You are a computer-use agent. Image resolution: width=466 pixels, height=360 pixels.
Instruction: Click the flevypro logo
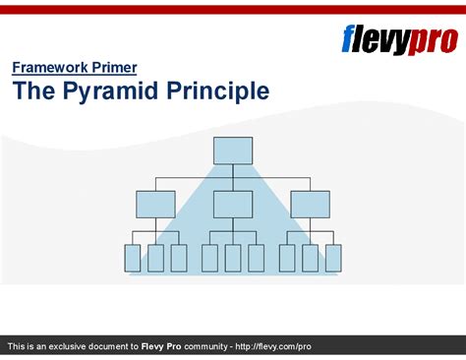[x=399, y=39]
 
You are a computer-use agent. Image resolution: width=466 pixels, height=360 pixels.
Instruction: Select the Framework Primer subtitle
[x=75, y=68]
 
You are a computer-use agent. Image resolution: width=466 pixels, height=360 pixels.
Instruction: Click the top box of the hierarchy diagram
[x=233, y=150]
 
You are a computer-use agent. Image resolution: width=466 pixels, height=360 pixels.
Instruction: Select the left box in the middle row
[x=155, y=204]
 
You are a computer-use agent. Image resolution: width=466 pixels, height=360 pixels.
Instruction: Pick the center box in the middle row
[x=233, y=204]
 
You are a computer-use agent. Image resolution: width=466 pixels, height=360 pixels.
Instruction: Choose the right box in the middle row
[x=310, y=204]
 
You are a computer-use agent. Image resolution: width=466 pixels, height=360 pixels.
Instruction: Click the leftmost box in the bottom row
[x=133, y=258]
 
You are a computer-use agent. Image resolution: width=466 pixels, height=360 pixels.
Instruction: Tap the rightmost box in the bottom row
[x=333, y=258]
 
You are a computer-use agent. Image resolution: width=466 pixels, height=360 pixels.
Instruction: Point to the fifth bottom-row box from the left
[x=233, y=258]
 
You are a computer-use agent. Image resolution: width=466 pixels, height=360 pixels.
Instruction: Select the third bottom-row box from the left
[x=179, y=258]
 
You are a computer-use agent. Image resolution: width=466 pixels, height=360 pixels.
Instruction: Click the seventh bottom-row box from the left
[x=287, y=258]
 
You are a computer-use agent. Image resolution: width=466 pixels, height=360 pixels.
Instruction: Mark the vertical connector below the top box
[x=233, y=171]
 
